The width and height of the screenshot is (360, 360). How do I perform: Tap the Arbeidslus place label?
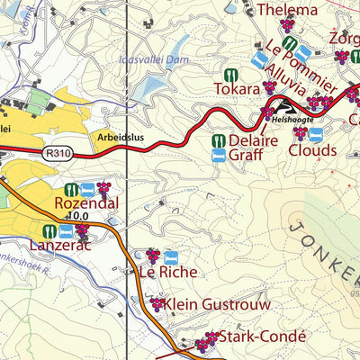(121, 139)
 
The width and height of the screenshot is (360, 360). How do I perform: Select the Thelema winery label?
(287, 11)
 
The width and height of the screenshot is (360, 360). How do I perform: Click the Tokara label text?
(236, 89)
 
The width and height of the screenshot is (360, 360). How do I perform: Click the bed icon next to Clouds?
(317, 133)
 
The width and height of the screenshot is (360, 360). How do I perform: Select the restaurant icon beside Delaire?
(218, 140)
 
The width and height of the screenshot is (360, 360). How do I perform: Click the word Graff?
(245, 156)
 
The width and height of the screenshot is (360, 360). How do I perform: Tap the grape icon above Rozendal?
(104, 189)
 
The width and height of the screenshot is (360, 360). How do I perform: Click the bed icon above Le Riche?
(171, 257)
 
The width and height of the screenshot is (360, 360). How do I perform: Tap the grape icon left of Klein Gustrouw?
(157, 305)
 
